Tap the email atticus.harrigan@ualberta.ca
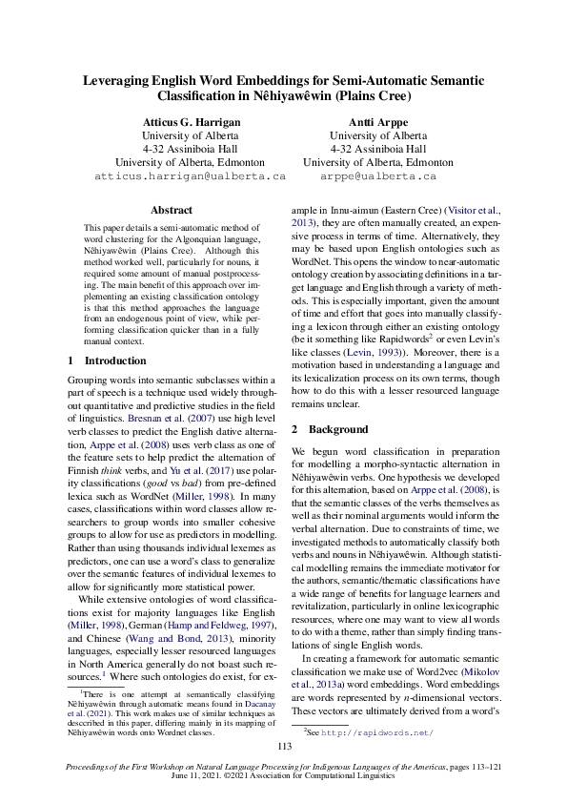click(190, 176)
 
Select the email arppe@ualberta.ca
click(377, 176)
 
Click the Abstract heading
click(172, 210)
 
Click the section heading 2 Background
click(330, 430)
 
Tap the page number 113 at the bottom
click(283, 747)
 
